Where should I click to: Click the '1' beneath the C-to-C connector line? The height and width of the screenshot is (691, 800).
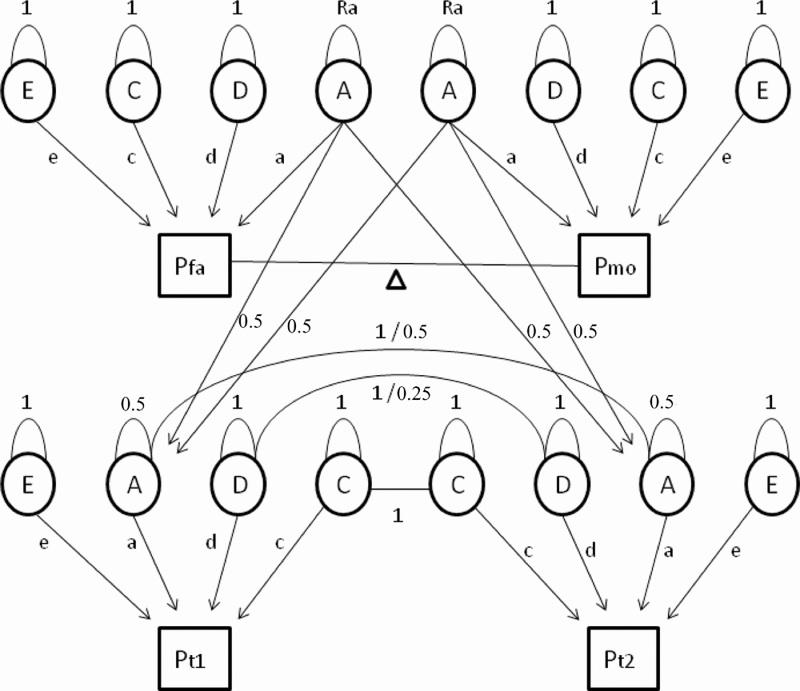[397, 517]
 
